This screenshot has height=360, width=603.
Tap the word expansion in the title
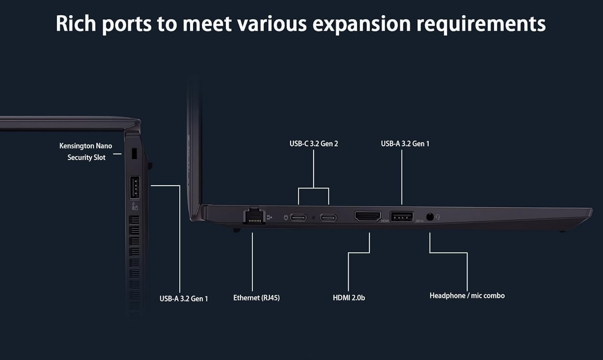pyautogui.click(x=361, y=24)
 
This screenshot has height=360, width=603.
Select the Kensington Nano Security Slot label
pyautogui.click(x=86, y=151)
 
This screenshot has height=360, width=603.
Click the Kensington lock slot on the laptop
pyautogui.click(x=134, y=153)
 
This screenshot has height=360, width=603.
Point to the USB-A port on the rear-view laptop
pyautogui.click(x=135, y=187)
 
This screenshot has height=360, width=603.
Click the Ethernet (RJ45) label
pyautogui.click(x=256, y=298)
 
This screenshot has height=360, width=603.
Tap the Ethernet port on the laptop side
pyautogui.click(x=254, y=217)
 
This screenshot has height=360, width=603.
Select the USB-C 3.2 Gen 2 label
pyautogui.click(x=314, y=143)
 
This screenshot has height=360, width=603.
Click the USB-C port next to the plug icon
pyautogui.click(x=298, y=218)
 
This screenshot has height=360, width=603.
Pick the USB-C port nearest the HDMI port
pyautogui.click(x=328, y=218)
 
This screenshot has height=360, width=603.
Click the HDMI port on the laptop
pyautogui.click(x=367, y=216)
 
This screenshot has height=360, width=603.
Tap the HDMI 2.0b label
pyautogui.click(x=349, y=298)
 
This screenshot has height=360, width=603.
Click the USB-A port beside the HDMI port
pyautogui.click(x=402, y=217)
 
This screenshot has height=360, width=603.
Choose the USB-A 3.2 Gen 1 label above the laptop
pyautogui.click(x=405, y=143)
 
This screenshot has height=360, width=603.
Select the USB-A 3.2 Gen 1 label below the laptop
pyautogui.click(x=184, y=299)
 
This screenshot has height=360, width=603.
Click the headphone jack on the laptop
pyautogui.click(x=430, y=217)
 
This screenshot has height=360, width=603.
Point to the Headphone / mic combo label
pyautogui.click(x=467, y=296)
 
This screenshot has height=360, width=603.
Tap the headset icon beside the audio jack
pyautogui.click(x=438, y=217)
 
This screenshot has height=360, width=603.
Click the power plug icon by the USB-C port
pyautogui.click(x=286, y=218)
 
